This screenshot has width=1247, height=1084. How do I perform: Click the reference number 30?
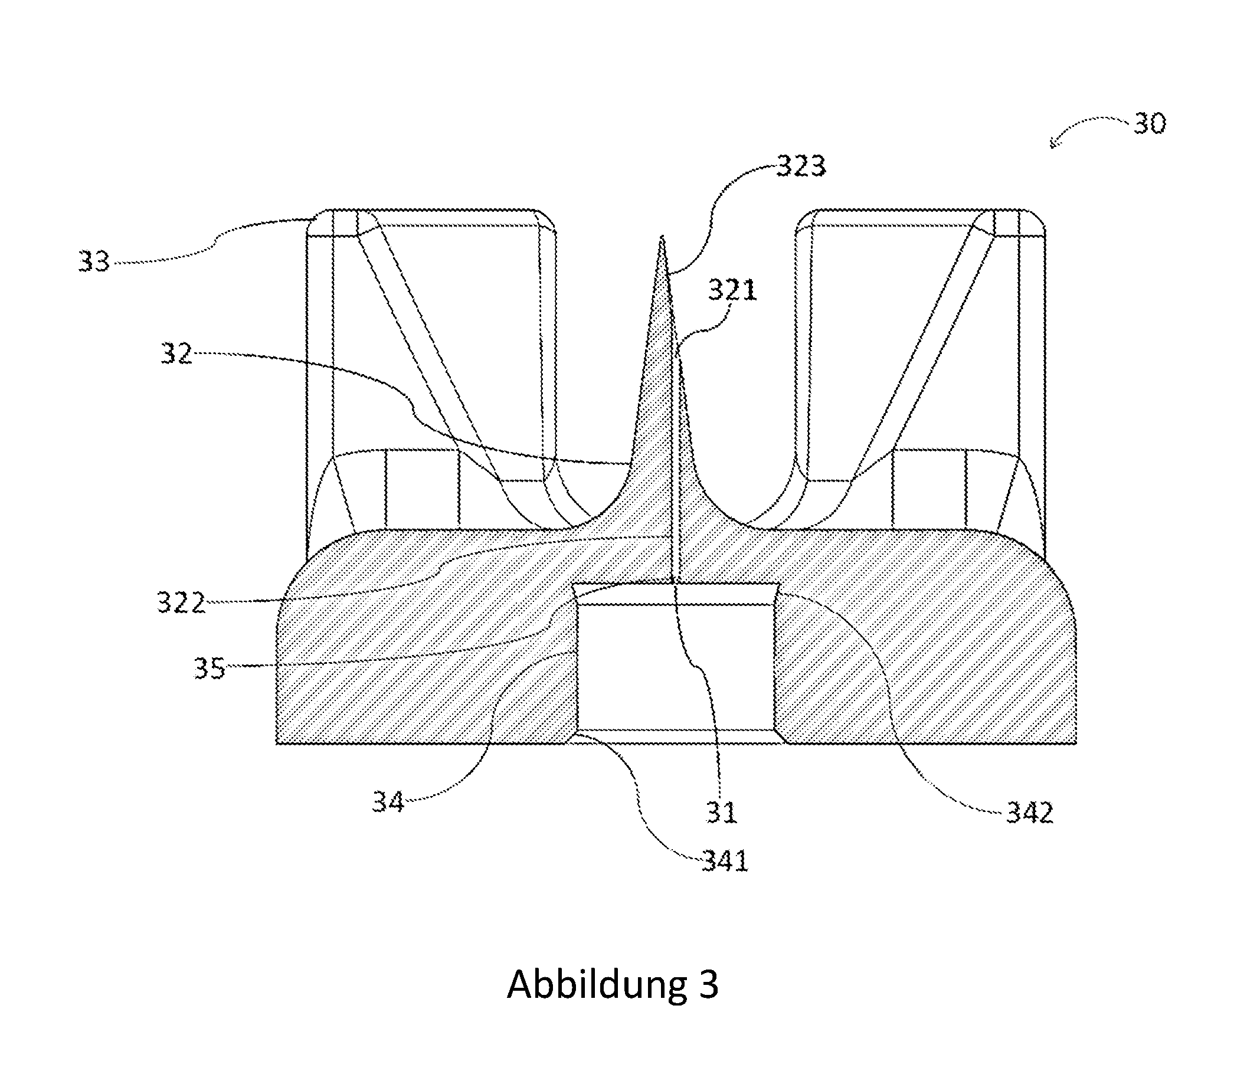pos(1149,124)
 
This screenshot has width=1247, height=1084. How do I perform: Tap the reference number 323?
pos(801,166)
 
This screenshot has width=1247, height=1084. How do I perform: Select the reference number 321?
pos(733,290)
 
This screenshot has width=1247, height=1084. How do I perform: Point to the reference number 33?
pos(94,262)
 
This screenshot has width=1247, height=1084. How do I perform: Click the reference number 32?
pos(176,353)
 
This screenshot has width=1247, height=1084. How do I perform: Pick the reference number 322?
pos(181,602)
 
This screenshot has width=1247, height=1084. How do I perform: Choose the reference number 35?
pos(210,669)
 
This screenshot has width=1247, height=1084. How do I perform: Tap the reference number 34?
pos(388,803)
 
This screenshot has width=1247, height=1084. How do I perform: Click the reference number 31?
pos(721,813)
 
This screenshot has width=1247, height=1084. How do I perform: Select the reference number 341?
pos(725,861)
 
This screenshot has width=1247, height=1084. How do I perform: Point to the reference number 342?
pos(1030,813)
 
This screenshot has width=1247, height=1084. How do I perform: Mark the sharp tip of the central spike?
pos(663,237)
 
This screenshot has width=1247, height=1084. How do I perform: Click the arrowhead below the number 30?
pos(1053,144)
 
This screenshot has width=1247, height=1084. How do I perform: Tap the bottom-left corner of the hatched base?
pos(277,743)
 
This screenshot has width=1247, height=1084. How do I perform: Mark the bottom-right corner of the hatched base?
pos(1076,743)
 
